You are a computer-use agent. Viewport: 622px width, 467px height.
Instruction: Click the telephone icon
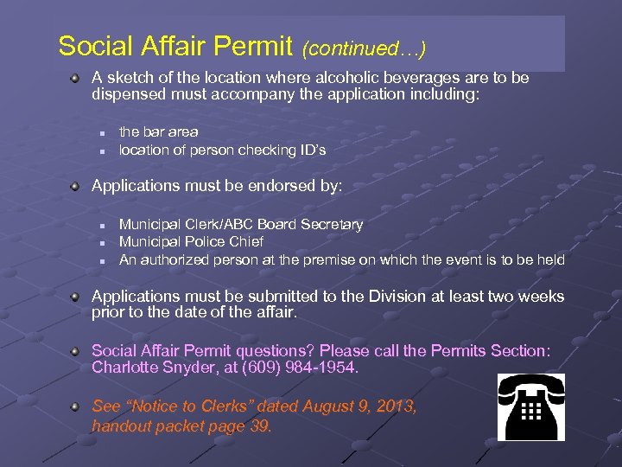[530, 407]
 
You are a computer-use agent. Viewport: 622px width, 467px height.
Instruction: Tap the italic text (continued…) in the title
[364, 45]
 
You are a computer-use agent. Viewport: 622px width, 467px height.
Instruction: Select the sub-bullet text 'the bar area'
[158, 131]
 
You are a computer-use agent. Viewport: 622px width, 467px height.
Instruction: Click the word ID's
[310, 150]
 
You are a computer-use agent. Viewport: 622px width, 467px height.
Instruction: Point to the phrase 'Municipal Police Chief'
[191, 241]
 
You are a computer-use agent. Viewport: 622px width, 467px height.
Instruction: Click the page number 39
[259, 425]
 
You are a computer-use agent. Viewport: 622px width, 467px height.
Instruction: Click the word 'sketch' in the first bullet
[130, 78]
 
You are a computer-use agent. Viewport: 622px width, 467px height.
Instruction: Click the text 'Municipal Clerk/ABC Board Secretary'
[240, 224]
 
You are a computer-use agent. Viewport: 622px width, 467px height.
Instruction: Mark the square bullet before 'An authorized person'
[101, 260]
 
